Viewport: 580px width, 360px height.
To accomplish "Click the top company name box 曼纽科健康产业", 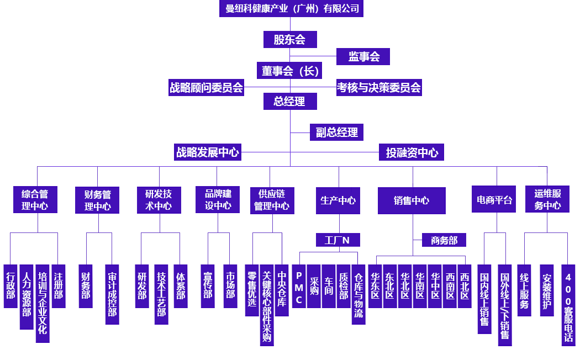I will click(291, 9).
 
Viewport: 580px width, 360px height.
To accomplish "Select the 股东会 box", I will click(290, 40).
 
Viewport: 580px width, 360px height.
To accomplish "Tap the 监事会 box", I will click(363, 56).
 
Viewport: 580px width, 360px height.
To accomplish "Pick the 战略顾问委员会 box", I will click(206, 87).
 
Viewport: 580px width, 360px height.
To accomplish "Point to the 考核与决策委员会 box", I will click(379, 87).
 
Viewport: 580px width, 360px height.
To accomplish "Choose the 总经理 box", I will click(290, 102).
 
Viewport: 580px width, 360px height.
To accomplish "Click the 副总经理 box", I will click(336, 132).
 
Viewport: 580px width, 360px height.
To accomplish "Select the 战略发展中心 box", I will click(207, 152).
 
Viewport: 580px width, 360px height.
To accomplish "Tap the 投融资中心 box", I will click(412, 152).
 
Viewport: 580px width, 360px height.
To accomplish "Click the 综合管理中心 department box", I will click(35, 200).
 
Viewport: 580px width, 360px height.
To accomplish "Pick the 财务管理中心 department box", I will click(97, 200).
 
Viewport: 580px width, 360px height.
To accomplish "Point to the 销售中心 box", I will click(412, 200).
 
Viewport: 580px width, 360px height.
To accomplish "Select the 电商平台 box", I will click(494, 200).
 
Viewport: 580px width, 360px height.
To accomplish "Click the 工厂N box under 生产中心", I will click(338, 240).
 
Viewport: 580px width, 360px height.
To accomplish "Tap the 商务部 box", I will click(444, 240).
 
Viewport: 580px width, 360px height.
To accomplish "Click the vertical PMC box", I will click(299, 287).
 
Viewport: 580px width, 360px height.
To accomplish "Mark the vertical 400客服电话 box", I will click(568, 305).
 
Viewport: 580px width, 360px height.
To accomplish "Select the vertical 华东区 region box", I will click(375, 286).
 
